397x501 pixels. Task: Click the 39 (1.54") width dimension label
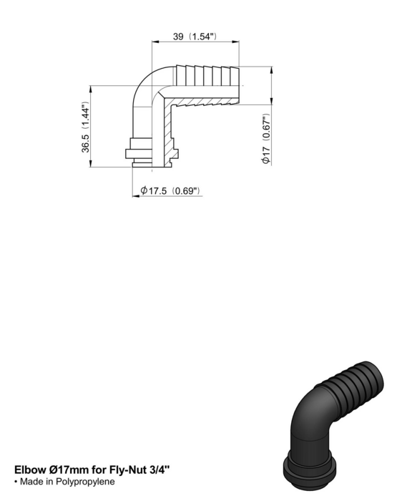pyautogui.click(x=195, y=37)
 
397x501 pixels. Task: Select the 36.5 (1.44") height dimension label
pyautogui.click(x=86, y=127)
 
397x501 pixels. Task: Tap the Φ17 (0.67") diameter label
pyautogui.click(x=266, y=139)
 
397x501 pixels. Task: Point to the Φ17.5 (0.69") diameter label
pyautogui.click(x=170, y=191)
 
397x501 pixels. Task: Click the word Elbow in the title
pyautogui.click(x=30, y=470)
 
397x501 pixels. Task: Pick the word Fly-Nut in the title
pyautogui.click(x=128, y=470)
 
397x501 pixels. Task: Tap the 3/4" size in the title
pyautogui.click(x=160, y=470)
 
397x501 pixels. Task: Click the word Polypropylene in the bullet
pyautogui.click(x=85, y=482)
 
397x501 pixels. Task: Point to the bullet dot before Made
pyautogui.click(x=16, y=482)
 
